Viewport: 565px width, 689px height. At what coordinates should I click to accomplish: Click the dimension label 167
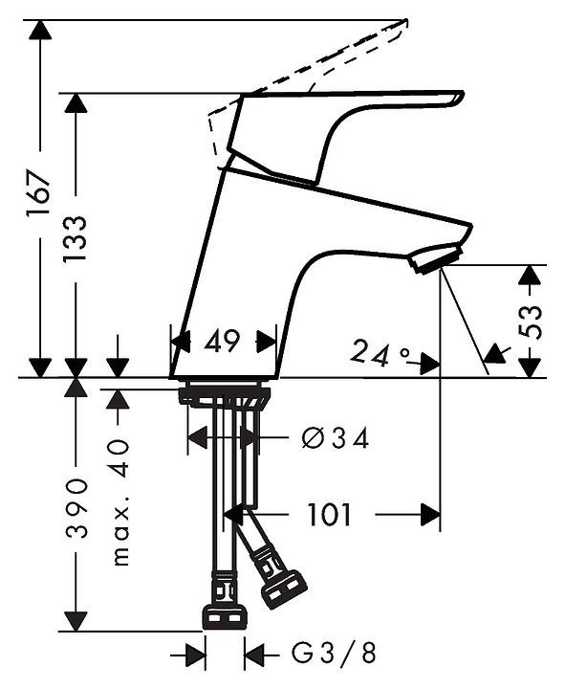click(x=36, y=193)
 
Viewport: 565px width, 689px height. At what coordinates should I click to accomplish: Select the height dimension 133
click(x=75, y=239)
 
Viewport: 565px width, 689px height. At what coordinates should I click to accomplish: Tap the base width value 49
click(x=223, y=342)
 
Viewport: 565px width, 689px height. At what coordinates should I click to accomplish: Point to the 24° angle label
click(x=380, y=354)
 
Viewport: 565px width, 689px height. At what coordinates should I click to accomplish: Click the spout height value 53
click(x=531, y=322)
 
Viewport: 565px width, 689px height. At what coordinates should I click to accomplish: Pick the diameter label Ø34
click(x=335, y=438)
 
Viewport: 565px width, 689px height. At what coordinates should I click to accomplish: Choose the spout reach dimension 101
click(x=329, y=515)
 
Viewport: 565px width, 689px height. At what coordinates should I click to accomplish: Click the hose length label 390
click(x=76, y=509)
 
